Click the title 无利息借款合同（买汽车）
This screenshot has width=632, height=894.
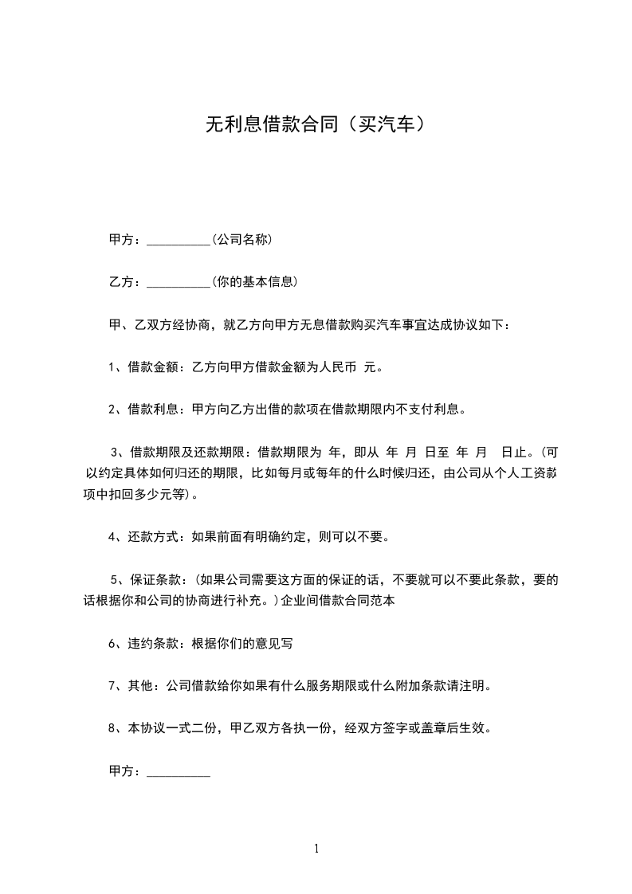pyautogui.click(x=316, y=124)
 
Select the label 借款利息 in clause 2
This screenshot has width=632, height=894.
pyautogui.click(x=148, y=411)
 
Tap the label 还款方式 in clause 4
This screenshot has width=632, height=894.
pyautogui.click(x=148, y=537)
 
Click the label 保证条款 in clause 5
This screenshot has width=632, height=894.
pyautogui.click(x=150, y=579)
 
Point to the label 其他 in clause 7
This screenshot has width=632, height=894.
pyautogui.click(x=139, y=685)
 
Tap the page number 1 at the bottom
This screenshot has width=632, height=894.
pyautogui.click(x=316, y=849)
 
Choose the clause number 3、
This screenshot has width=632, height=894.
pyautogui.click(x=120, y=453)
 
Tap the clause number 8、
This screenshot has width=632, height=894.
pyautogui.click(x=114, y=728)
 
